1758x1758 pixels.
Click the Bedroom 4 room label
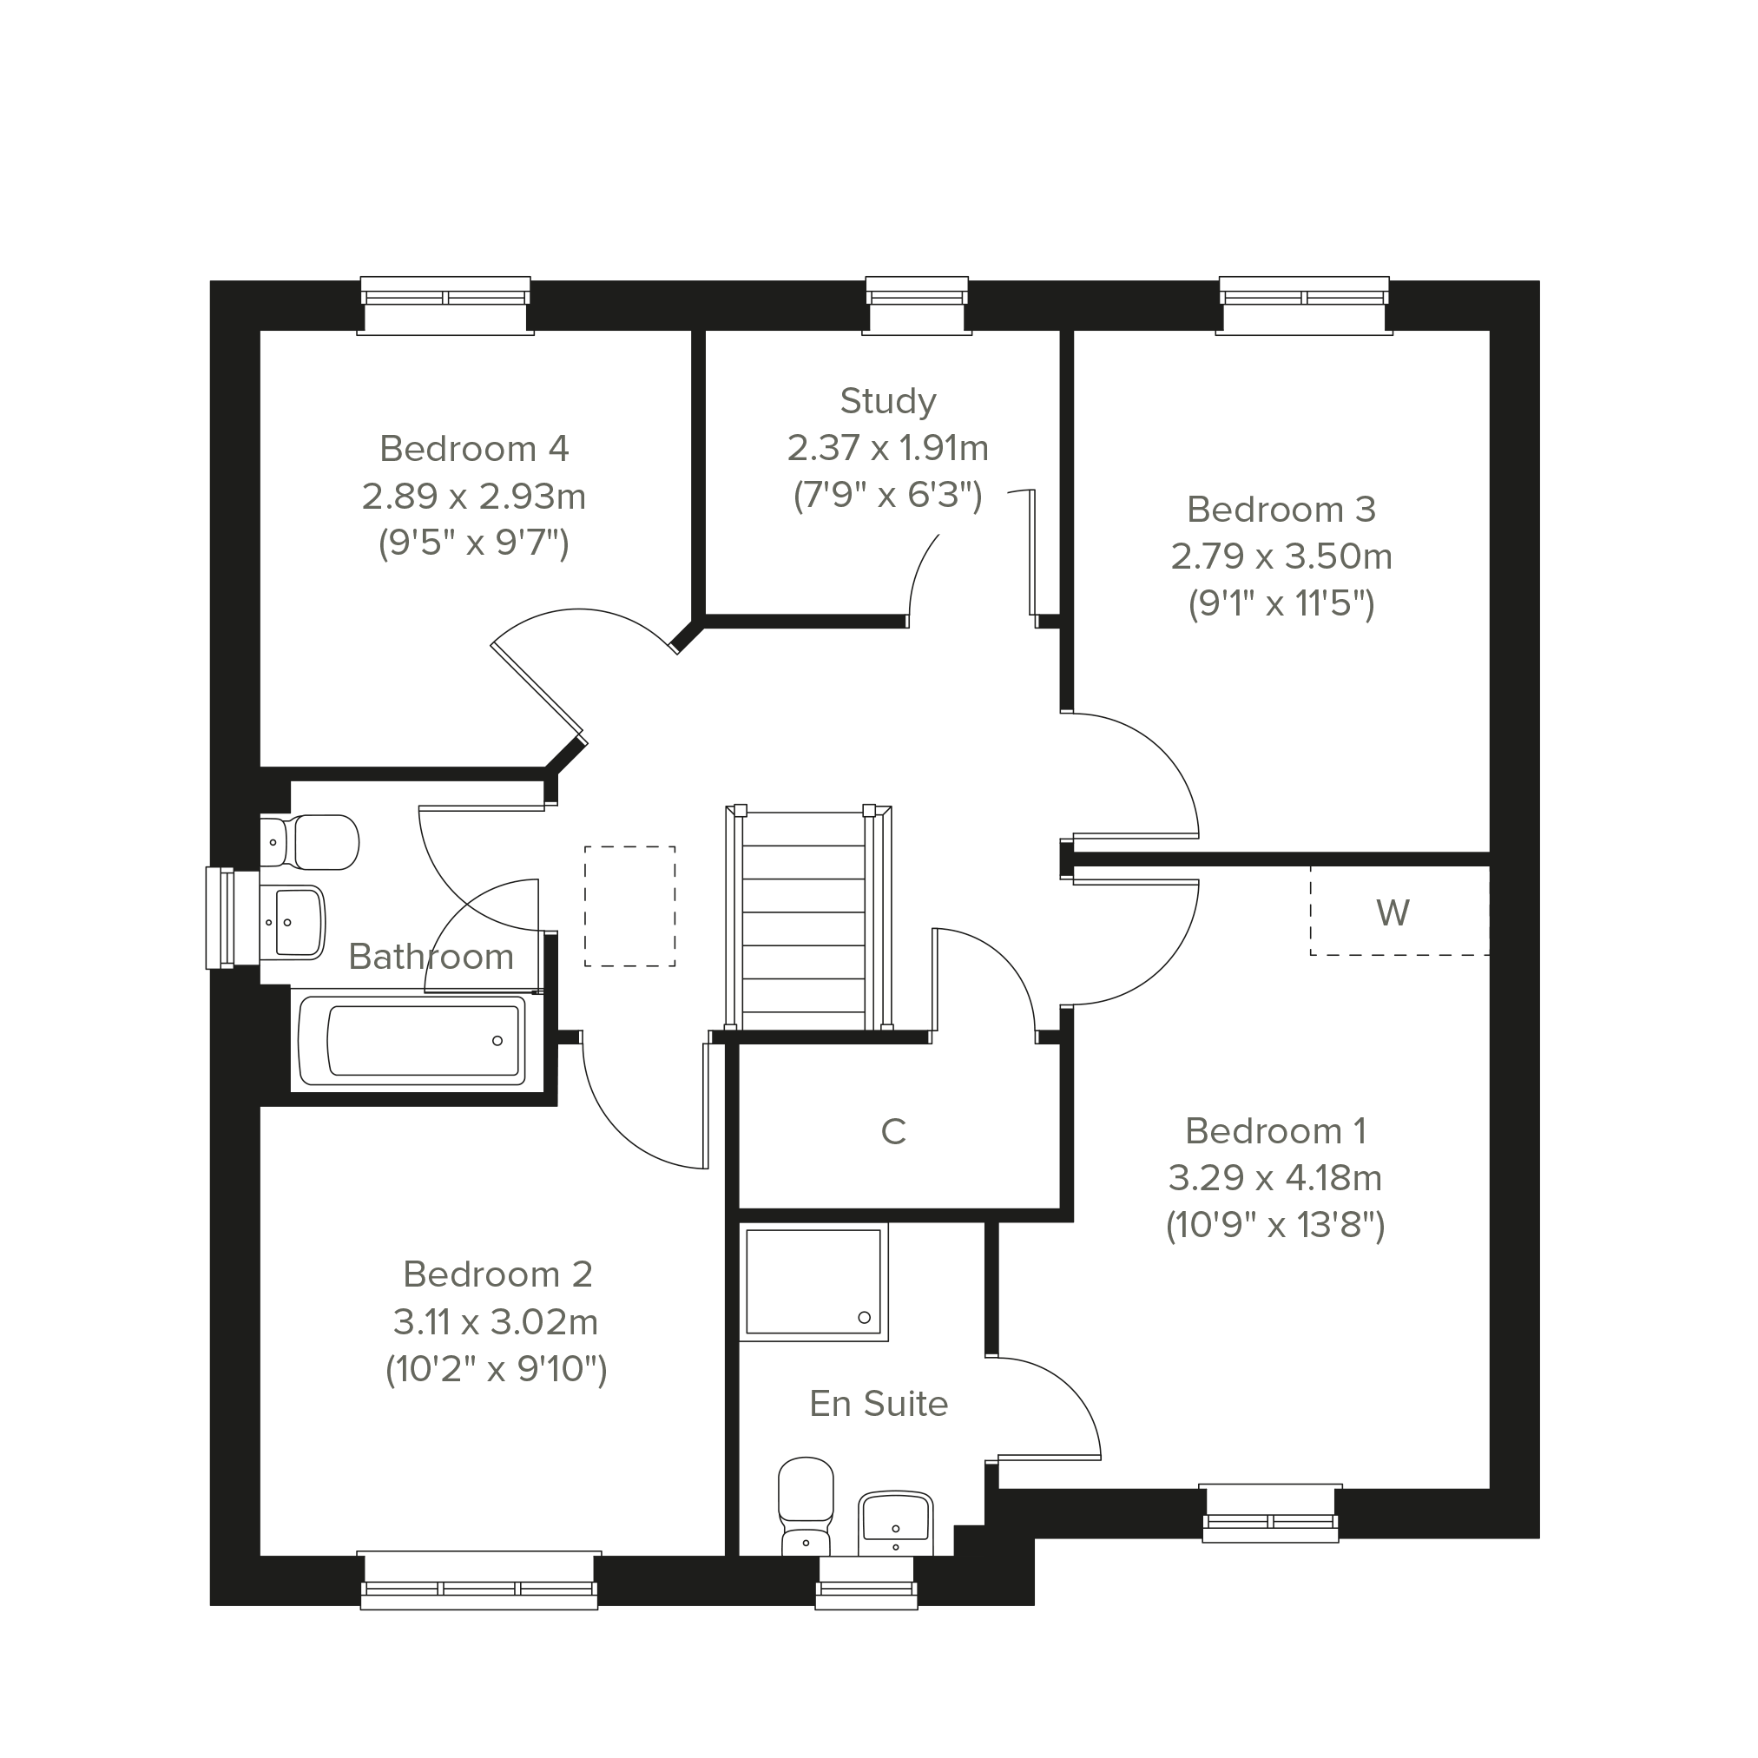pyautogui.click(x=474, y=449)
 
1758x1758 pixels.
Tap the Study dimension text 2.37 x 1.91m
pyautogui.click(x=888, y=448)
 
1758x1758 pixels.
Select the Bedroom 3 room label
pyautogui.click(x=1281, y=509)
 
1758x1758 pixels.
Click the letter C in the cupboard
pyautogui.click(x=893, y=1131)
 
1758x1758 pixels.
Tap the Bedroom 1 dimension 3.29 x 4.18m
pyautogui.click(x=1275, y=1177)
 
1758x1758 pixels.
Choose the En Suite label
pyautogui.click(x=879, y=1403)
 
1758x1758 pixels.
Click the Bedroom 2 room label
pyautogui.click(x=497, y=1274)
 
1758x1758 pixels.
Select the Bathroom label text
pyautogui.click(x=431, y=957)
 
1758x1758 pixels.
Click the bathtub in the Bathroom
pyautogui.click(x=412, y=1040)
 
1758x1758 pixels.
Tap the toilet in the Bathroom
pyautogui.click(x=309, y=842)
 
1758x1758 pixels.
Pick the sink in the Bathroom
pyautogui.click(x=292, y=923)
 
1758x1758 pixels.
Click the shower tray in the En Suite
pyautogui.click(x=813, y=1282)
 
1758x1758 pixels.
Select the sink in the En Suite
pyautogui.click(x=895, y=1524)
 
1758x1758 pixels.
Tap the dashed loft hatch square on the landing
pyautogui.click(x=629, y=906)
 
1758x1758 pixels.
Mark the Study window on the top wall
pyautogui.click(x=916, y=306)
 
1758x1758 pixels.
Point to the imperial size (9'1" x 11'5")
pyautogui.click(x=1281, y=603)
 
